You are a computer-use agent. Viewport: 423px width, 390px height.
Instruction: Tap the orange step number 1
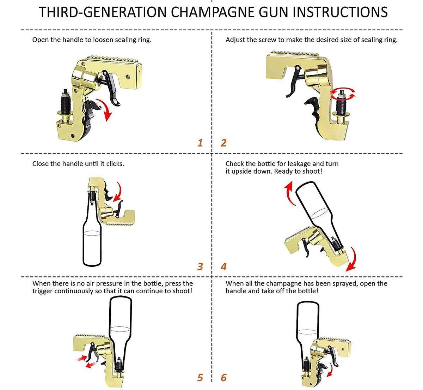click(x=200, y=143)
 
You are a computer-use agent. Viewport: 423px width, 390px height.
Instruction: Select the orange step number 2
click(x=223, y=143)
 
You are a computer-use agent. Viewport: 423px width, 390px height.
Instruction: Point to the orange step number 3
click(x=200, y=266)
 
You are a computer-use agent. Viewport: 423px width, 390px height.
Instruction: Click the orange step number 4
click(x=223, y=266)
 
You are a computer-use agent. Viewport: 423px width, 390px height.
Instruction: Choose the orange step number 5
click(x=200, y=378)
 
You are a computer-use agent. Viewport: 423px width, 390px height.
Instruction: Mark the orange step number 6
click(x=223, y=378)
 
